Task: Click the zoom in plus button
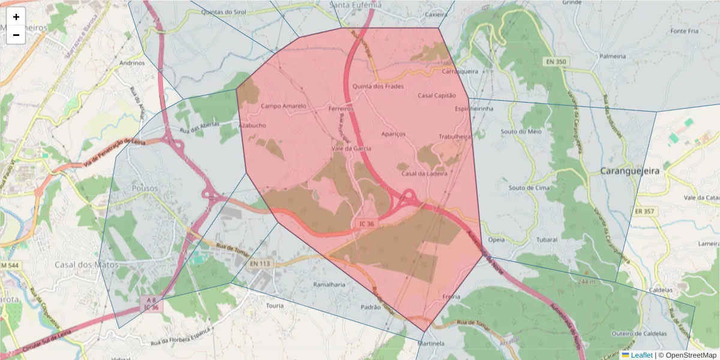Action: click(x=16, y=17)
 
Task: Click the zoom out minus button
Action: click(x=16, y=35)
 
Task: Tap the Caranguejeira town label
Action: click(x=629, y=171)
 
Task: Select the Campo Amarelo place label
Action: click(x=284, y=106)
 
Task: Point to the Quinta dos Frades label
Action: click(x=378, y=86)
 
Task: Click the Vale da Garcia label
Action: click(x=352, y=148)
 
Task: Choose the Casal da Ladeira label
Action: click(x=425, y=174)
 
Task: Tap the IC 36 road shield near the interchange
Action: click(x=367, y=224)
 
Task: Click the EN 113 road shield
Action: click(x=260, y=263)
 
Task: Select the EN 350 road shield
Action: click(x=556, y=62)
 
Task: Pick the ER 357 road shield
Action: click(x=645, y=211)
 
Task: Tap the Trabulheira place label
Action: click(x=455, y=137)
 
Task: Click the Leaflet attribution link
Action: click(x=641, y=355)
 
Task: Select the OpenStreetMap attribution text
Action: click(x=687, y=355)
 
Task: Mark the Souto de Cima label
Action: click(x=529, y=188)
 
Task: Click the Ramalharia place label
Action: click(x=330, y=284)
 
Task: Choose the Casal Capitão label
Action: click(x=437, y=95)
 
